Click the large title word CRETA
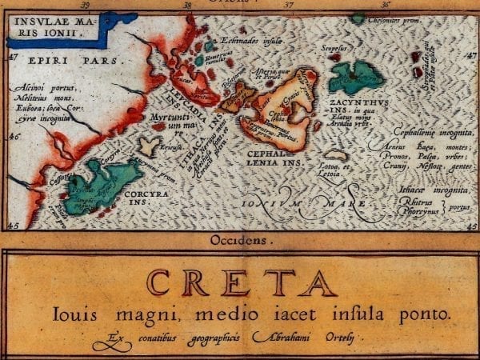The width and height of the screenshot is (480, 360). click(240, 282)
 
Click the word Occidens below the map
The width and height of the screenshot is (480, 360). click(240, 239)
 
